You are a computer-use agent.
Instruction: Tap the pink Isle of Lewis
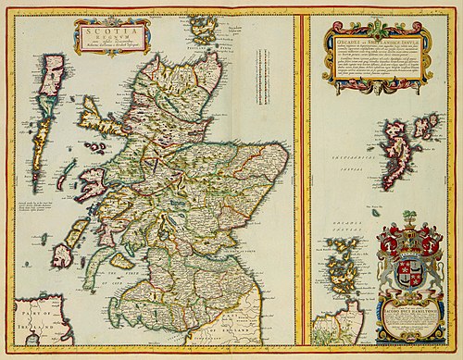click(56, 74)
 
